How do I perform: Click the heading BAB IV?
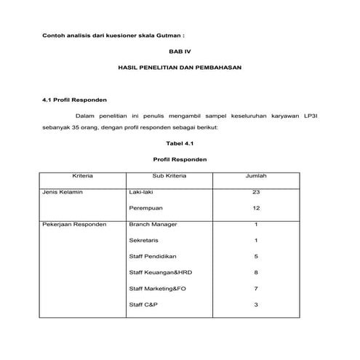pos(179,51)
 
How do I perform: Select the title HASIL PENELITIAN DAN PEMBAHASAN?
pos(179,68)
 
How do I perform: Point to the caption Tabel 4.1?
pos(180,143)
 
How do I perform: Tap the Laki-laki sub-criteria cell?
pos(142,193)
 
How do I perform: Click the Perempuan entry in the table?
pos(144,208)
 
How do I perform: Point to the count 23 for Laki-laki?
pos(256,193)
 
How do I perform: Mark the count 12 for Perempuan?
pos(256,208)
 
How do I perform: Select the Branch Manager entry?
pos(153,224)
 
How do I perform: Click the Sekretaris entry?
pos(144,240)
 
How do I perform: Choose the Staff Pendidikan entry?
pos(153,256)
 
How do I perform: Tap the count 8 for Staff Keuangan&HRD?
pos(256,272)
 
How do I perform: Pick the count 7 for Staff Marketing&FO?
pos(256,288)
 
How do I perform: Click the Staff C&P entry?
pos(143,304)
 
